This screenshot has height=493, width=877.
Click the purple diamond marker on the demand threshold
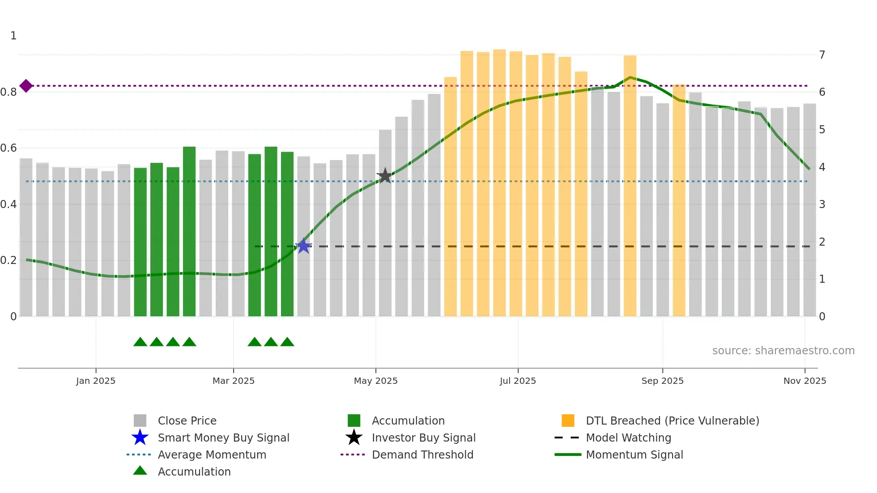(x=26, y=85)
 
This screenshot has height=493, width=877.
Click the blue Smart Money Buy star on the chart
(x=303, y=246)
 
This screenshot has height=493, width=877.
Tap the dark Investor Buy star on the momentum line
(x=385, y=176)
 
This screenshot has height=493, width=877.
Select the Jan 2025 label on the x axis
(x=96, y=381)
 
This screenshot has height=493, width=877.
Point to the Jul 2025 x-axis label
(x=518, y=381)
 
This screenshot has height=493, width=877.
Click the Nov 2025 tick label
(x=805, y=381)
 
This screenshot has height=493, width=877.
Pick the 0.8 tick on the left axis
(x=9, y=92)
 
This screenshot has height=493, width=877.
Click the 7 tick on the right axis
(x=822, y=55)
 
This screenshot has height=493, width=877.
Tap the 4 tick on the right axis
(x=822, y=167)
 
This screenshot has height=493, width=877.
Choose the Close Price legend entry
(x=187, y=421)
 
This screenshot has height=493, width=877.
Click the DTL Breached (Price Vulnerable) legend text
(x=672, y=421)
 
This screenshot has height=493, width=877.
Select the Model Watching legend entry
(x=628, y=438)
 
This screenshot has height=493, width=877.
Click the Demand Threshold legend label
(x=422, y=455)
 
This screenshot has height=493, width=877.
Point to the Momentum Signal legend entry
(x=634, y=455)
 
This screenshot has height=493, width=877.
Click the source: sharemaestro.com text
(x=783, y=350)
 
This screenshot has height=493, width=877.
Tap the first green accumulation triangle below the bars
(x=140, y=342)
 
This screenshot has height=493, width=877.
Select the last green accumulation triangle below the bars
(x=287, y=342)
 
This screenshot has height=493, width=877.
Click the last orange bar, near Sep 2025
(x=679, y=201)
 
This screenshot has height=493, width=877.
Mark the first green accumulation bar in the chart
(x=140, y=242)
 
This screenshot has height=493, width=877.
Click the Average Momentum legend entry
(x=212, y=455)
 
